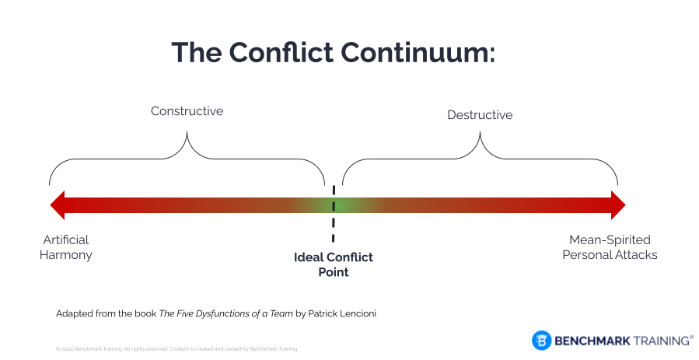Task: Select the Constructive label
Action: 187,111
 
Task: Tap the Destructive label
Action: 480,115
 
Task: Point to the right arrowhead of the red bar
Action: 617,205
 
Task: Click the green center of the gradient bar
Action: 334,205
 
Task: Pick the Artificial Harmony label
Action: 66,247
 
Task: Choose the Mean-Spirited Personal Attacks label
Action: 610,247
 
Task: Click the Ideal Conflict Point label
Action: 334,264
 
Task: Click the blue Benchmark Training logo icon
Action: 541,340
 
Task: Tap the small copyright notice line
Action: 176,349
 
